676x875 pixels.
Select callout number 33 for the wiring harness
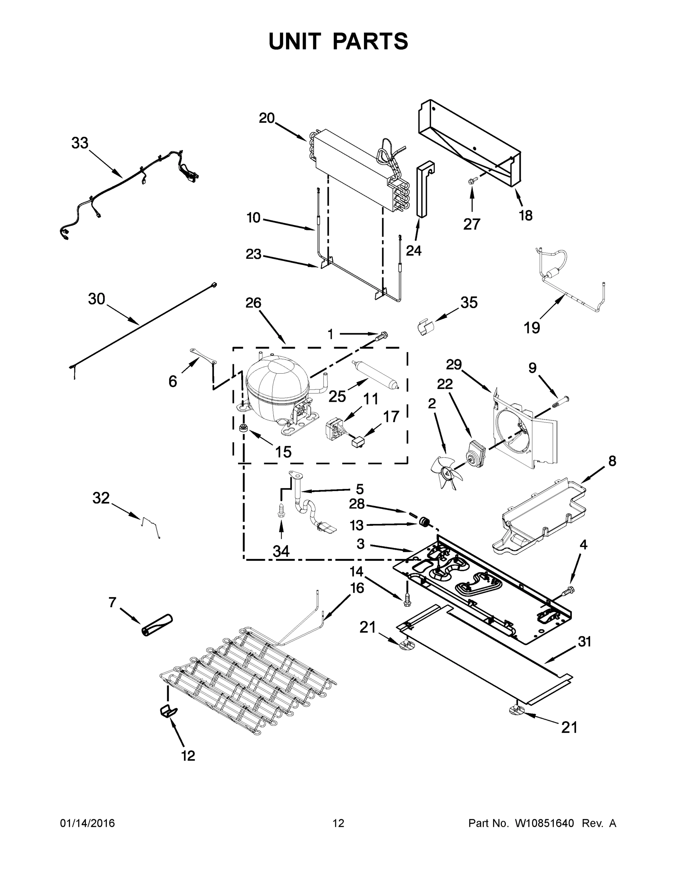click(80, 143)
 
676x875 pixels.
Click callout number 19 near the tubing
click(532, 328)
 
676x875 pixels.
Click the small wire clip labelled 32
click(151, 526)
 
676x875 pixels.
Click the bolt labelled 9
click(562, 401)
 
